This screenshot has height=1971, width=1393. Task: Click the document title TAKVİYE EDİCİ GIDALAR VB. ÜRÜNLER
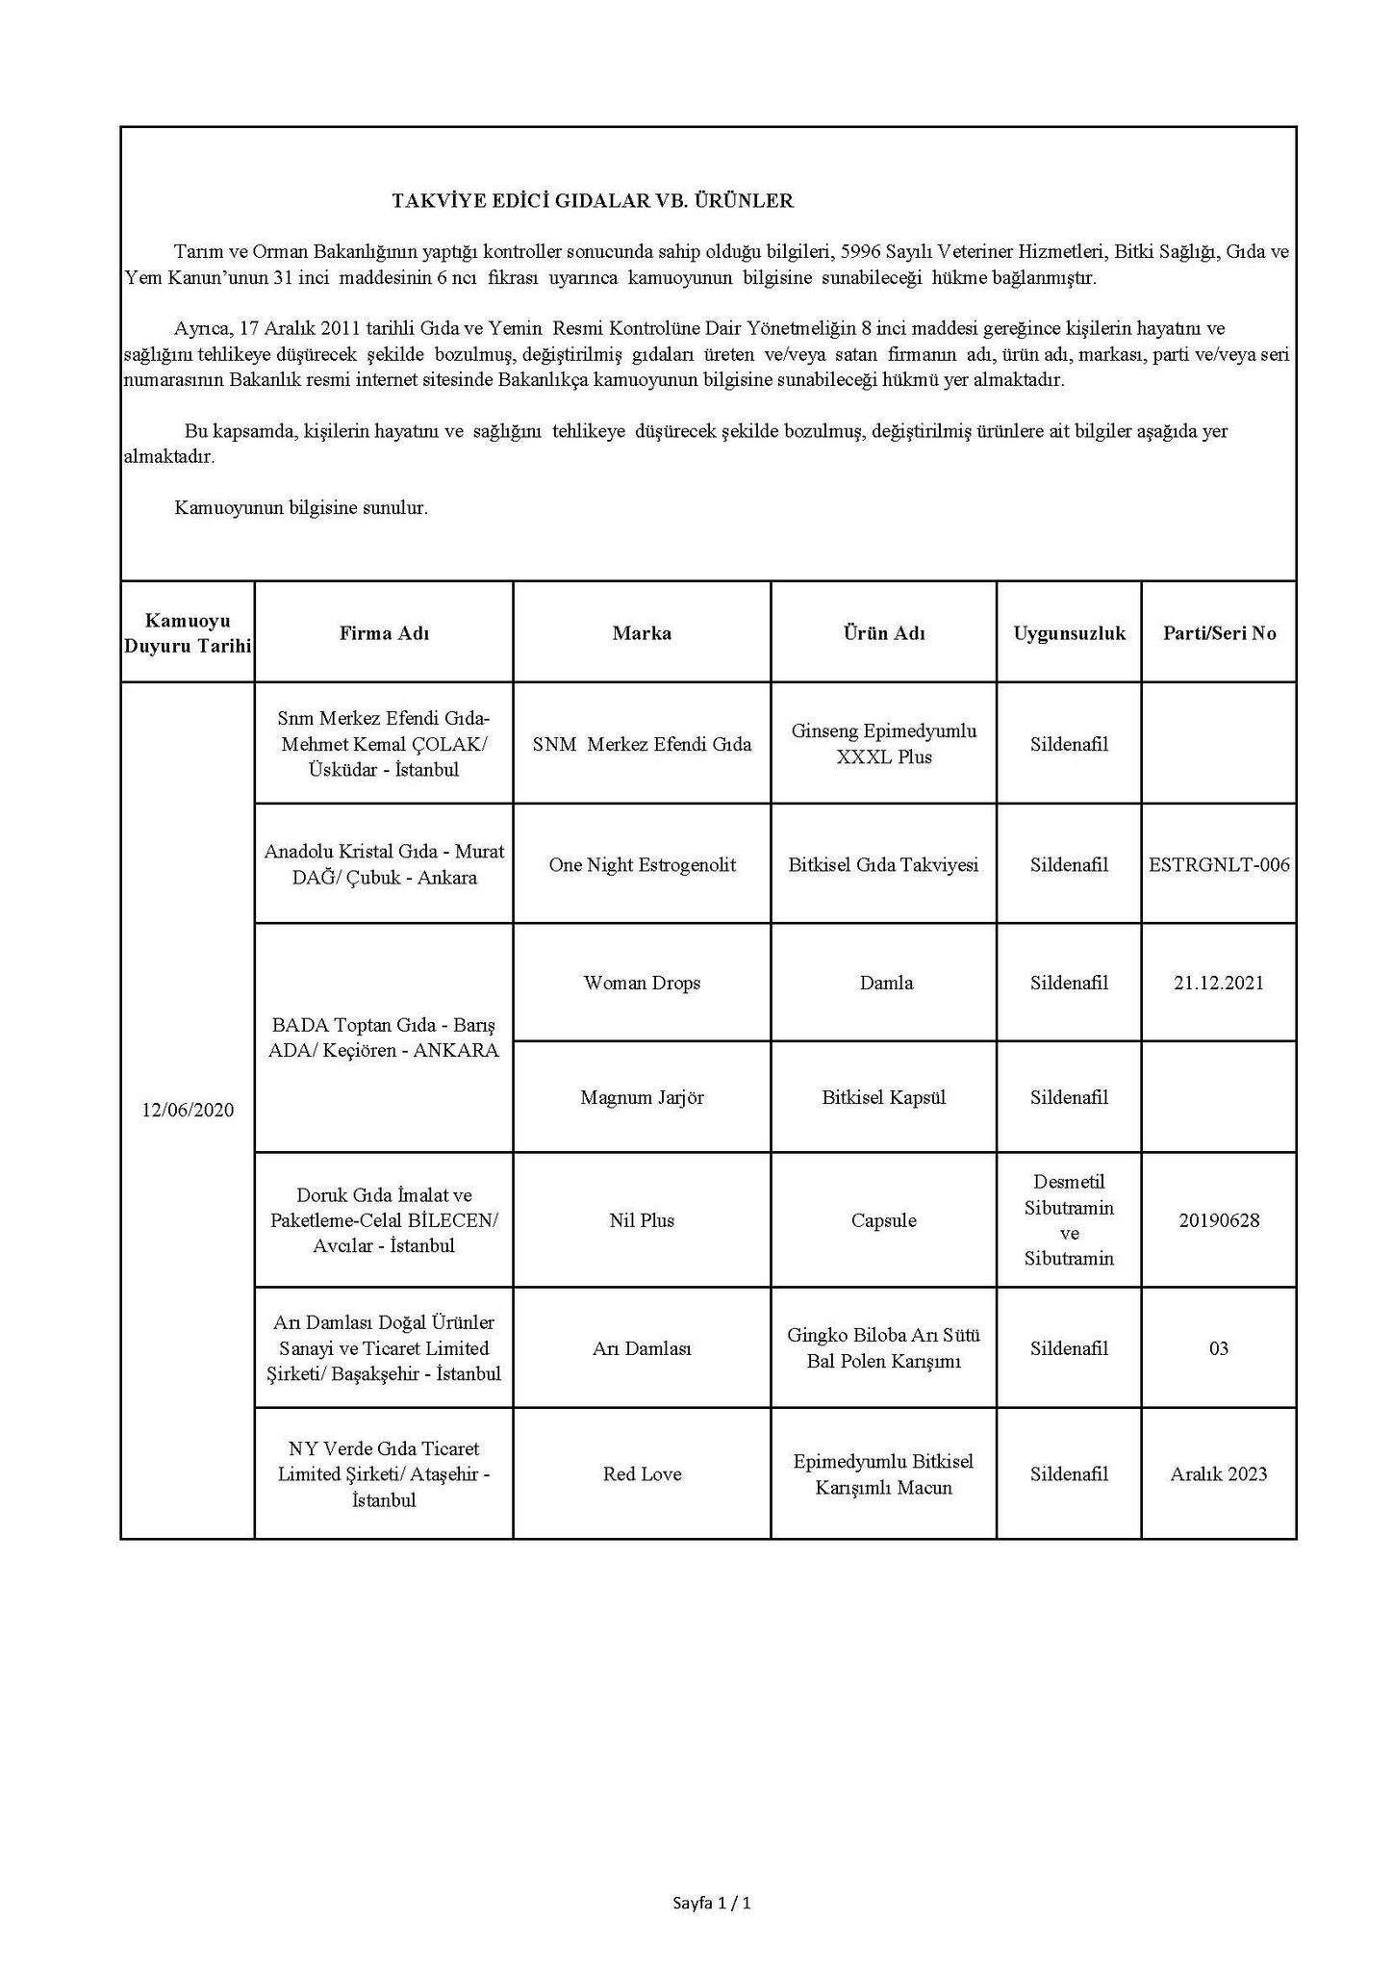[x=592, y=201]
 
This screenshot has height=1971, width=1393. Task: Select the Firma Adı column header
[x=384, y=633]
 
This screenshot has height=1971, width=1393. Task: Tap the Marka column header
[x=642, y=633]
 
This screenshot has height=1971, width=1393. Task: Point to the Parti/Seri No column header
[x=1219, y=633]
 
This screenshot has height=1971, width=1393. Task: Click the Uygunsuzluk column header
[x=1069, y=633]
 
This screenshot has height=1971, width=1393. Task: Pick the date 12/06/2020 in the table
[x=188, y=1110]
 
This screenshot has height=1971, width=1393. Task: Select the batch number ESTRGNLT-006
[x=1219, y=865]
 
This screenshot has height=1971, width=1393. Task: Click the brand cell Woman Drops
[x=642, y=983]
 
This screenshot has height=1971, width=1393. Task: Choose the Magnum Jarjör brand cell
[x=642, y=1097]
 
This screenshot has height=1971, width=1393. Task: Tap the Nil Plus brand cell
[x=642, y=1220]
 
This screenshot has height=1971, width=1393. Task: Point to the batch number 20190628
[x=1219, y=1220]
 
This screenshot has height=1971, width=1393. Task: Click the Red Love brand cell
[x=642, y=1474]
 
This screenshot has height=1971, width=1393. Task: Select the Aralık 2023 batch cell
[x=1219, y=1474]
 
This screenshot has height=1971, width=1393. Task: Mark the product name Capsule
[x=883, y=1220]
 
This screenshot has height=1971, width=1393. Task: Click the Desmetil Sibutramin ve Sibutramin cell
[x=1069, y=1219]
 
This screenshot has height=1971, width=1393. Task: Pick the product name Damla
[x=883, y=983]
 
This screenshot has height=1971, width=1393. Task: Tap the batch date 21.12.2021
[x=1219, y=983]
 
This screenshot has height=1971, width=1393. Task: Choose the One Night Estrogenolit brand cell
[x=642, y=865]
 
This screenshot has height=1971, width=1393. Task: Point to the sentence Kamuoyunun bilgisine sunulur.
[x=301, y=508]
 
